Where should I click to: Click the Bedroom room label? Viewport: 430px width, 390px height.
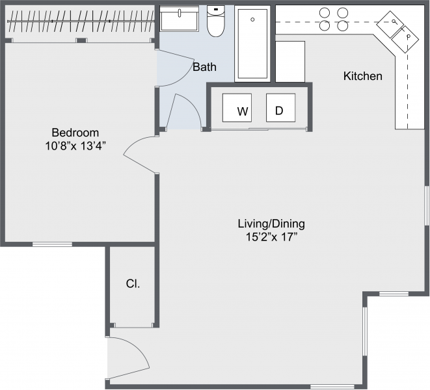pos(75,133)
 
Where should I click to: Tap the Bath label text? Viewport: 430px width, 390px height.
pos(204,67)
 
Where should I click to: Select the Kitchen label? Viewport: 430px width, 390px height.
pos(362,76)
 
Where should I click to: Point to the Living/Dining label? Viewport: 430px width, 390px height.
pos(271,224)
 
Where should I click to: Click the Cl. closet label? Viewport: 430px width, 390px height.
pos(133,283)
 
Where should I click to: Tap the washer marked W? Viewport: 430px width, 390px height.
pos(237,108)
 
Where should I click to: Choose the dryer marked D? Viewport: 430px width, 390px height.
pos(281,108)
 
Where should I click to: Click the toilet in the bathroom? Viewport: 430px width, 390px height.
pos(216,21)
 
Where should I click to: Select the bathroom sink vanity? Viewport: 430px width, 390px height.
pos(180,19)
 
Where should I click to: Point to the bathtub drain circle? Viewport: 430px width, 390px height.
pos(252,19)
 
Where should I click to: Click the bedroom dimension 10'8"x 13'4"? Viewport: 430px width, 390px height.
pos(75,146)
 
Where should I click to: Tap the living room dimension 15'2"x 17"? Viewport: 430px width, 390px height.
pos(271,237)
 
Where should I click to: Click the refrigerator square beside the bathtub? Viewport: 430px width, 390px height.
pos(290,61)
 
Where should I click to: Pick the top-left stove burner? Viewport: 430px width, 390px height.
pos(325,12)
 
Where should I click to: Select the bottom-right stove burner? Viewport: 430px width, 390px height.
pos(343,26)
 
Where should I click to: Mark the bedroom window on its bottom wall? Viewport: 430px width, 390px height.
pos(52,244)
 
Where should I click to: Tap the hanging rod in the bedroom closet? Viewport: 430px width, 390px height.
pos(81,21)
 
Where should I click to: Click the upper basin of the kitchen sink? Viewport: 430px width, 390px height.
pos(390,24)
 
